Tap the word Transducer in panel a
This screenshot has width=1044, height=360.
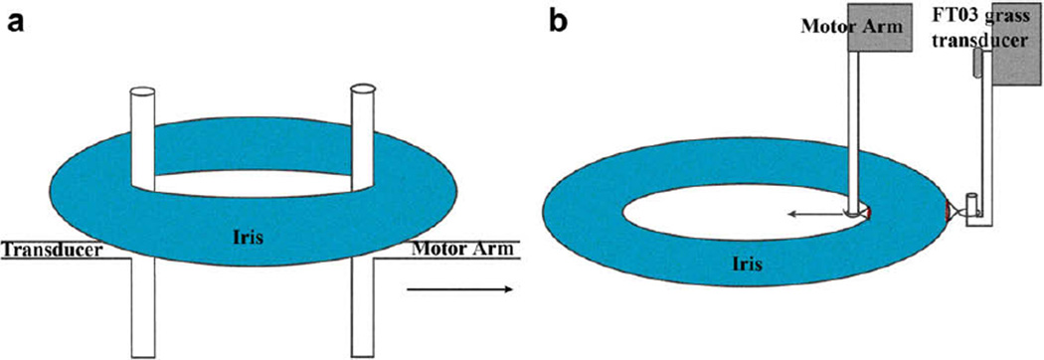pyautogui.click(x=53, y=251)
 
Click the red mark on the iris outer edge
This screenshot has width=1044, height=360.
pyautogui.click(x=945, y=211)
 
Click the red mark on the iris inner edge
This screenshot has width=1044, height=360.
pyautogui.click(x=869, y=213)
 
